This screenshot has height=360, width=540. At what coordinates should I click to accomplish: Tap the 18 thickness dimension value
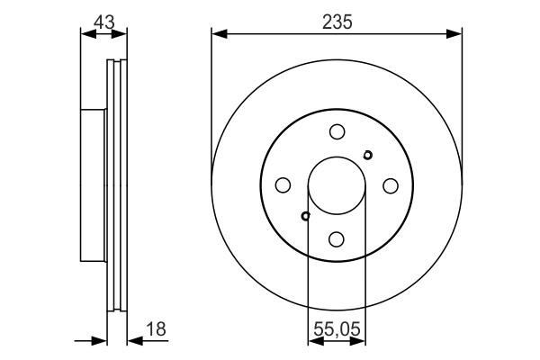pos(157,329)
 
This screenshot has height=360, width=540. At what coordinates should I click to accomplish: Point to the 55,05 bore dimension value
pos(337,329)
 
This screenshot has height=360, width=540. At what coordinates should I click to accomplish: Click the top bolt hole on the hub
pos(337,131)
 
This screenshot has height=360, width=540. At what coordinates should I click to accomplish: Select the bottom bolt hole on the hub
pos(337,238)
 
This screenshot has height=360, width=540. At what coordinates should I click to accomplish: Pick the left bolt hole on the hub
pos(283,185)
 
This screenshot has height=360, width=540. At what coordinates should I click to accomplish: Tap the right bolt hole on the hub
pos(391,185)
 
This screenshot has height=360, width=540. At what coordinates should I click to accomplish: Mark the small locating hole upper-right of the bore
pos(367,155)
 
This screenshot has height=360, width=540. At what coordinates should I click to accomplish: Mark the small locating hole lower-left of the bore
pos(306,216)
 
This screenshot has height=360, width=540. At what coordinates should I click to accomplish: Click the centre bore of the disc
pos(337,185)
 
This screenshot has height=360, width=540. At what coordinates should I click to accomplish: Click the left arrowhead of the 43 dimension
pos(86,34)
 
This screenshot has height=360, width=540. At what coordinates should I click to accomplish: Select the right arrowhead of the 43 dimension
pos(122,34)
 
